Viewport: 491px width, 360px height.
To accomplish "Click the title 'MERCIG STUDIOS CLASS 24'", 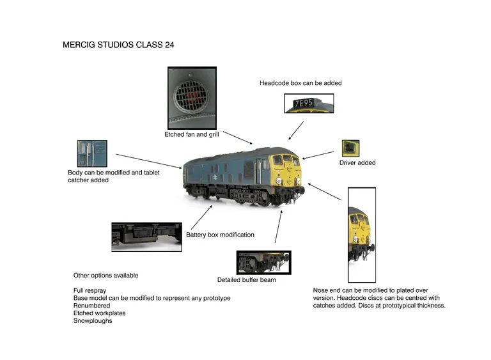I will pyautogui.click(x=118, y=45).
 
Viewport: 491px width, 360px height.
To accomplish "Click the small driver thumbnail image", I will pyautogui.click(x=350, y=148).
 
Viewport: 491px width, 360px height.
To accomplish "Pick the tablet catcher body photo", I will pyautogui.click(x=92, y=154).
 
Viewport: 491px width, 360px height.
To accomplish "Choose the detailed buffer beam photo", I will pyautogui.click(x=263, y=262).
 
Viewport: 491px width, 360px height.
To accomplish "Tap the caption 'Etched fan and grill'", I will pyautogui.click(x=192, y=135).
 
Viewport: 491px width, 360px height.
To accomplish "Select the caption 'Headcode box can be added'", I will pyautogui.click(x=300, y=83).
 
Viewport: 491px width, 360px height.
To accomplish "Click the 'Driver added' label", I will pyautogui.click(x=357, y=163).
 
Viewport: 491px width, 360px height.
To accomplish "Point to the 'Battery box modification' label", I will pyautogui.click(x=220, y=235).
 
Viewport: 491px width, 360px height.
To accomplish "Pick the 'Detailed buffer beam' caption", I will pyautogui.click(x=246, y=280).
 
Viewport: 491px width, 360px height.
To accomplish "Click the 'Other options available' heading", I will pyautogui.click(x=105, y=276).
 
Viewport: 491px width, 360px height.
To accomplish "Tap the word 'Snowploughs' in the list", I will pyautogui.click(x=93, y=321).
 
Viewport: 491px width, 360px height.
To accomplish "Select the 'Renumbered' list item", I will pyautogui.click(x=91, y=306).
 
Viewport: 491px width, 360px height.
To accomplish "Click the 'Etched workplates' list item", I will pyautogui.click(x=99, y=313).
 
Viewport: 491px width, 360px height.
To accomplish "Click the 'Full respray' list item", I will pyautogui.click(x=90, y=290).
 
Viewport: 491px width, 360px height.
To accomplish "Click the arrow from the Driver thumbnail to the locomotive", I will pyautogui.click(x=319, y=154).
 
